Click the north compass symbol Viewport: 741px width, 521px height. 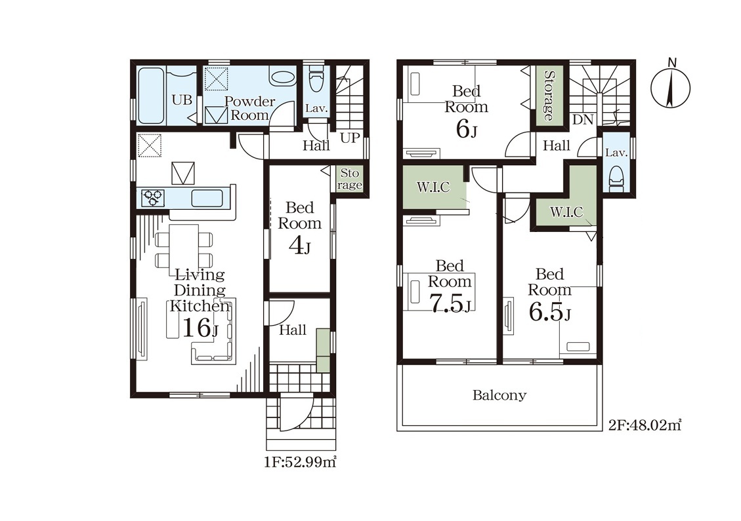670,87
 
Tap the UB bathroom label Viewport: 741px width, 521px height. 182,100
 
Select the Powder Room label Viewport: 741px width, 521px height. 249,108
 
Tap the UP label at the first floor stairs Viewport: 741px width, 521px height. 350,138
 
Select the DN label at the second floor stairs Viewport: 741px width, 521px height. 583,119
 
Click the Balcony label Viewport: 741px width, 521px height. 499,395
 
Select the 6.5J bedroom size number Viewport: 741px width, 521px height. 549,311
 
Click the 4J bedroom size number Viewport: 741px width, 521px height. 299,245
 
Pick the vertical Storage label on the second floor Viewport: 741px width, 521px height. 549,96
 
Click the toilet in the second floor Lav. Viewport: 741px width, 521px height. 616,178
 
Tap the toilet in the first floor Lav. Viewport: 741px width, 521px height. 315,79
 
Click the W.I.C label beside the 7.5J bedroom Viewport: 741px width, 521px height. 433,187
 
